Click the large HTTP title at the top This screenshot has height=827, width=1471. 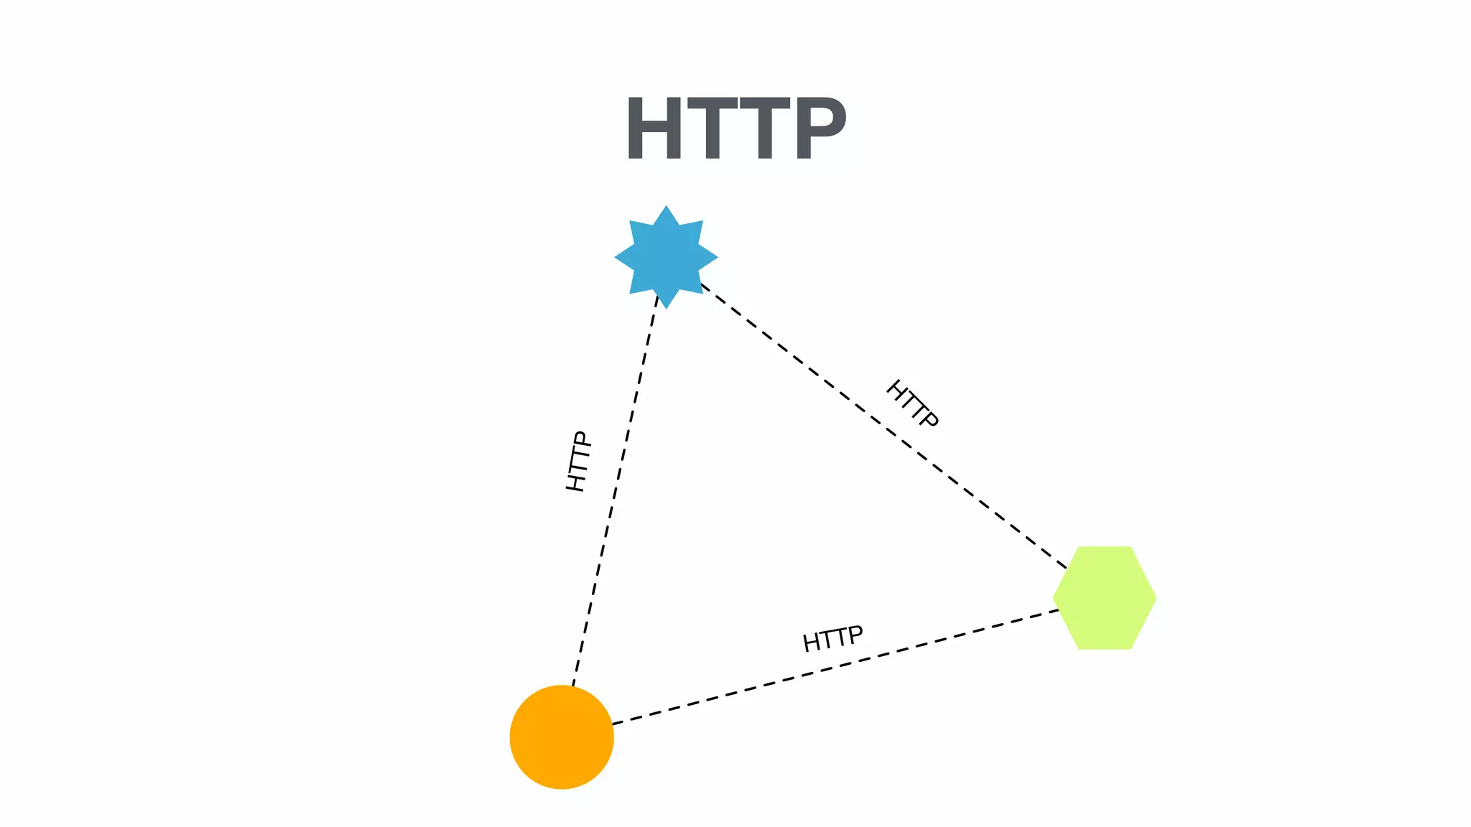pos(735,129)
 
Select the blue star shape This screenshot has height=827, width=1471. pos(666,257)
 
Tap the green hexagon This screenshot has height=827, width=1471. pos(1104,598)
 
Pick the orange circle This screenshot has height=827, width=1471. pos(562,737)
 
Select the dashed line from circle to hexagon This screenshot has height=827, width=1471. pos(833,667)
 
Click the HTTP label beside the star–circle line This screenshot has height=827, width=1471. pos(578,462)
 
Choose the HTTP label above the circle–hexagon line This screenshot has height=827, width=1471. pos(832,638)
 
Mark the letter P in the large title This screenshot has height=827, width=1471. pos(820,129)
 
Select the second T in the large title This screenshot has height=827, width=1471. pos(764,129)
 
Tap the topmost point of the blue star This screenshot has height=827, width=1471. pos(666,208)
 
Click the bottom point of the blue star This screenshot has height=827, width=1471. pos(666,307)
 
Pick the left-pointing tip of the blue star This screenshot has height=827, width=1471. pos(617,257)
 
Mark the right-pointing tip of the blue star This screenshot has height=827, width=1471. pos(715,257)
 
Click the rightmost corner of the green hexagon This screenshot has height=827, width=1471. pos(1154,598)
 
